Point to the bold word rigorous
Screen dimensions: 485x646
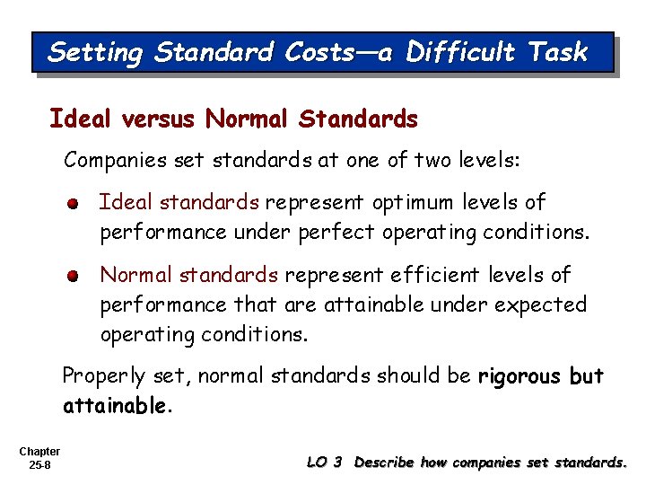click(x=520, y=375)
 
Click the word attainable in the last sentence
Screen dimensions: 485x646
click(x=114, y=406)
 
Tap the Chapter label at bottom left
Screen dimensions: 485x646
click(x=39, y=452)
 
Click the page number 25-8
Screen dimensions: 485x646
click(x=39, y=465)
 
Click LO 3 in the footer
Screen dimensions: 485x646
click(x=324, y=463)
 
